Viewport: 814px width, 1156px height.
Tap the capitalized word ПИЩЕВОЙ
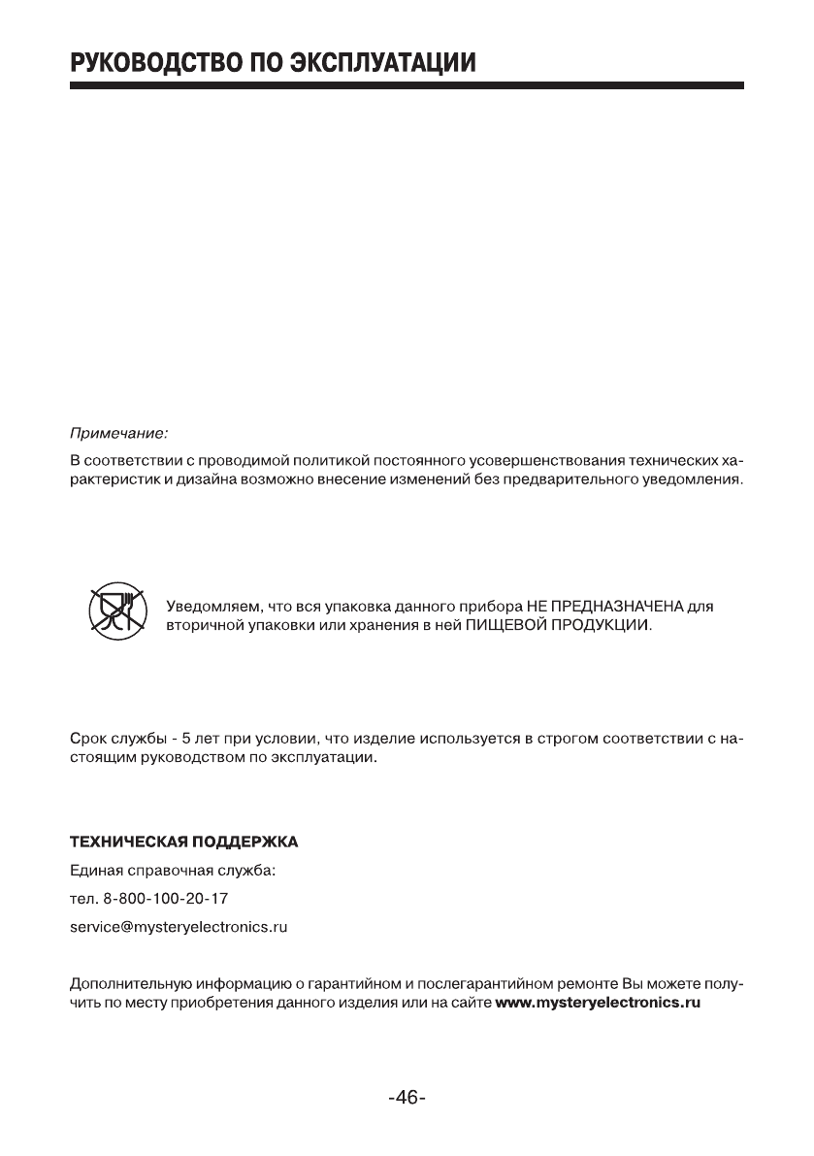click(x=506, y=626)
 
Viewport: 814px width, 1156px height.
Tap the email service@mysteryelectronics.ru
click(x=179, y=927)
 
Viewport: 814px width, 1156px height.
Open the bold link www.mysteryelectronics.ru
click(x=598, y=1002)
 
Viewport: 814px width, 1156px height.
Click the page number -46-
click(x=407, y=1099)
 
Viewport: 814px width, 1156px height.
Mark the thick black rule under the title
click(x=407, y=86)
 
